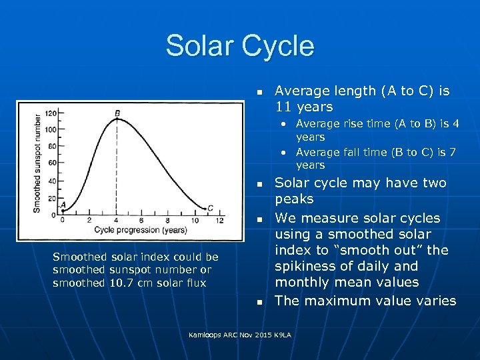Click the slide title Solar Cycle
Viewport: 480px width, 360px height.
[239, 45]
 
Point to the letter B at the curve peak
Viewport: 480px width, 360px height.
[118, 113]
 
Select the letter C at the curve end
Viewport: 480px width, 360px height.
[210, 208]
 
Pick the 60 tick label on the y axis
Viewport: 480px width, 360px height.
[53, 163]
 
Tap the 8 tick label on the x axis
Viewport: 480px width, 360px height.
[169, 221]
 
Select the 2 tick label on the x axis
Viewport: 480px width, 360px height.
[90, 221]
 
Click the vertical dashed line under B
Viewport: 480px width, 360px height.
[117, 167]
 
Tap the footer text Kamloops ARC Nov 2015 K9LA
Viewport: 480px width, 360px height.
[239, 333]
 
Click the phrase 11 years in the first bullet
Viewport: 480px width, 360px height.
[304, 107]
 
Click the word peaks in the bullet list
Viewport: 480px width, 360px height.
[294, 199]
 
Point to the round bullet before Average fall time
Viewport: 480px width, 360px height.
[283, 153]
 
